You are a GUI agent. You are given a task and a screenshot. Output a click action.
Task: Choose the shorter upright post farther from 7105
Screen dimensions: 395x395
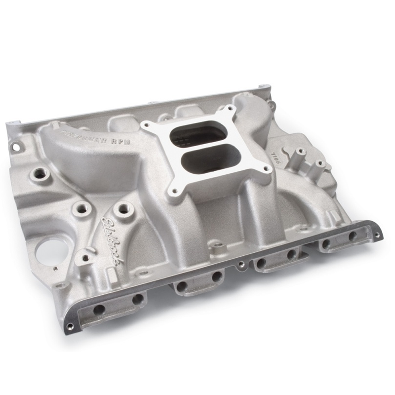tap(319, 163)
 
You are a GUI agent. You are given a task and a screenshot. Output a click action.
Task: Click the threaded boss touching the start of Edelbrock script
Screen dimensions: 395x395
tap(121, 209)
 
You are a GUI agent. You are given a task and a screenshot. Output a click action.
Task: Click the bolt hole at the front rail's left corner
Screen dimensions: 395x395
tap(70, 326)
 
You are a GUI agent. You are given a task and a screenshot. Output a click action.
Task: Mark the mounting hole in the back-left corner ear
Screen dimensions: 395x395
tap(16, 147)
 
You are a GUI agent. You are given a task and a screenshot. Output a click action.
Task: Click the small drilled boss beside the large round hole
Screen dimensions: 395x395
tap(85, 257)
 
